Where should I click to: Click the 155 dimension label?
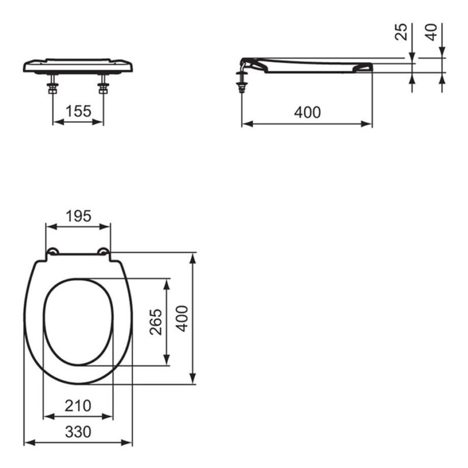(x=78, y=111)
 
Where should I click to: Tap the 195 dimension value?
(x=78, y=216)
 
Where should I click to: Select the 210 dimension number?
(x=78, y=405)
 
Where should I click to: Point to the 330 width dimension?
(x=78, y=432)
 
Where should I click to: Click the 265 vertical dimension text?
(x=156, y=322)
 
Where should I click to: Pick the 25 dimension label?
(x=401, y=32)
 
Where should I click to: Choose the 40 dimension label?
(x=431, y=32)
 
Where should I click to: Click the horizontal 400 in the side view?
(x=308, y=112)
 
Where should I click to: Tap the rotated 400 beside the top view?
(x=182, y=318)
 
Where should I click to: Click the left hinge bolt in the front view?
(x=53, y=84)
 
